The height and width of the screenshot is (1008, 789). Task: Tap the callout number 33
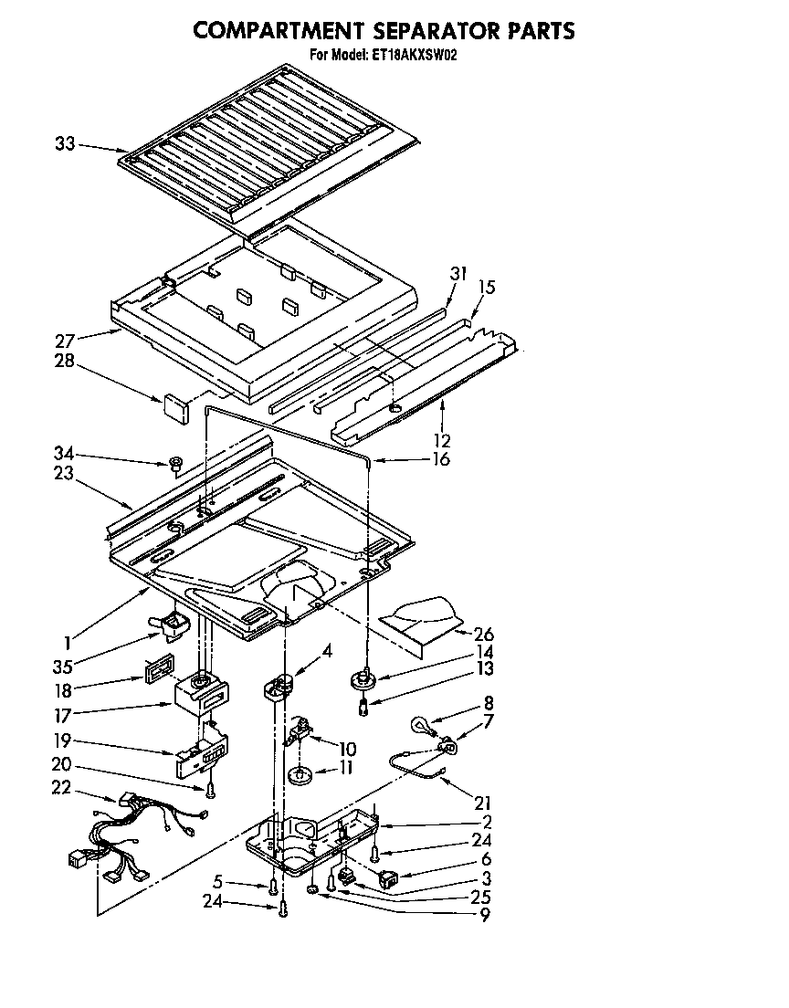pyautogui.click(x=65, y=143)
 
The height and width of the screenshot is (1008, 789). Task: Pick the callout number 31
pyautogui.click(x=457, y=273)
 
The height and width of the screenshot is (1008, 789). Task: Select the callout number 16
pyautogui.click(x=440, y=459)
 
